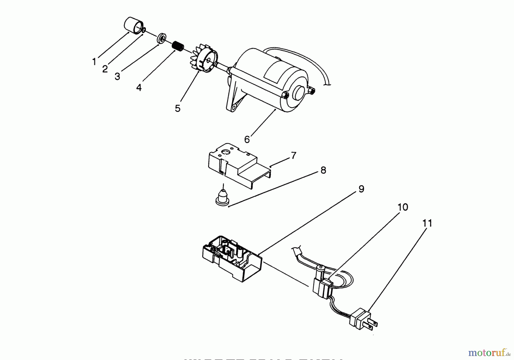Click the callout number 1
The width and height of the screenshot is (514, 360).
click(x=94, y=61)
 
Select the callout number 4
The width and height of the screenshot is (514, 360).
click(x=139, y=87)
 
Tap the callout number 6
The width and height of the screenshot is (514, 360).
click(x=247, y=139)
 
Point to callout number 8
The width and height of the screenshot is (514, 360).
click(x=323, y=170)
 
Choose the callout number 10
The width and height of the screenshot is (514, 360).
click(x=403, y=207)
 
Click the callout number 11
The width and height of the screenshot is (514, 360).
click(x=427, y=223)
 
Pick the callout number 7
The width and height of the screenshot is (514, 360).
click(x=294, y=156)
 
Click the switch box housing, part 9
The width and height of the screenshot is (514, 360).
click(x=231, y=258)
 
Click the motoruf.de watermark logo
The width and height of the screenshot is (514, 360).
click(x=488, y=353)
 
